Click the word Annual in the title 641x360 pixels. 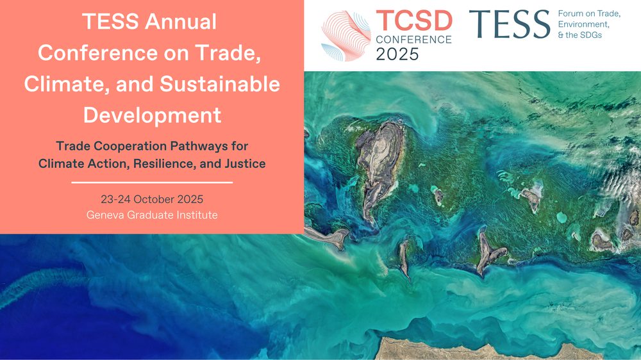point(181,22)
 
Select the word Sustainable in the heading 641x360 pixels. point(219,84)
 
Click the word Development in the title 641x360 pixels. point(152,115)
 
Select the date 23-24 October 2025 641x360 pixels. point(152,199)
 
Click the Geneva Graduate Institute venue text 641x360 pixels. point(152,215)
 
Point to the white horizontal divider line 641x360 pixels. point(152,183)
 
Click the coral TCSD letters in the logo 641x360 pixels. point(413,21)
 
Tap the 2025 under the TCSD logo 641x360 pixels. point(397,54)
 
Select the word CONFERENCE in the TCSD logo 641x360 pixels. point(413,40)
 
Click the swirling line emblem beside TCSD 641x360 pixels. point(346,36)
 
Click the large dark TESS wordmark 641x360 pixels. point(510,24)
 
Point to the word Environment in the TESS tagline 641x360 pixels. point(583,24)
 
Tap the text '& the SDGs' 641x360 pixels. point(579,35)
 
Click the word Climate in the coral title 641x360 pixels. point(67,84)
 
